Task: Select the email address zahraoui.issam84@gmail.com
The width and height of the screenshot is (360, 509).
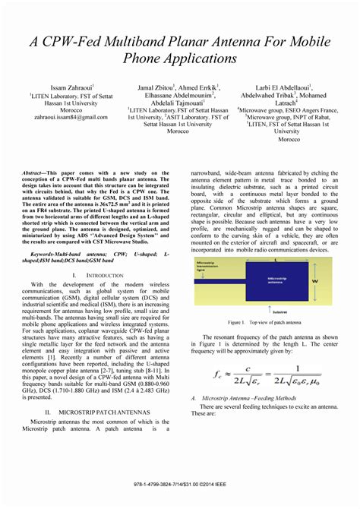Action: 70,118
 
